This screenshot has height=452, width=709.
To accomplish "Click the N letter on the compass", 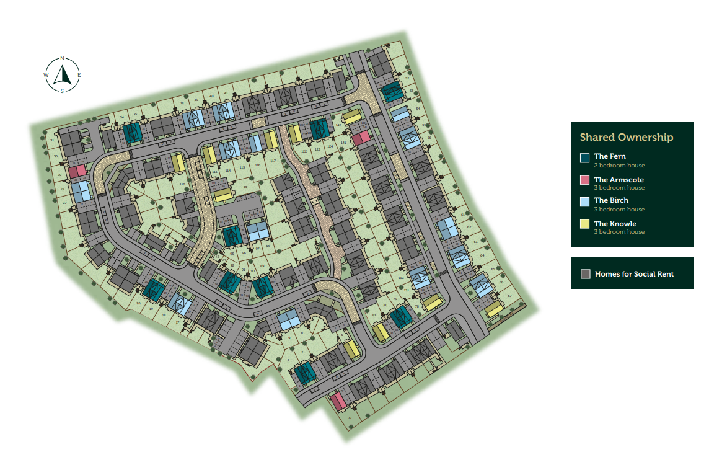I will point(62,58).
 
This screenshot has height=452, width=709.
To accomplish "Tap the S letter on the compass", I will point(62,91).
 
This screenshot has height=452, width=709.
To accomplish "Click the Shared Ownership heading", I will point(627,137).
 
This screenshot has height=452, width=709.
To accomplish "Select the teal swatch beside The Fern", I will point(584,157).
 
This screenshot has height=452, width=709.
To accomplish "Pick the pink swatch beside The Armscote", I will point(584,180).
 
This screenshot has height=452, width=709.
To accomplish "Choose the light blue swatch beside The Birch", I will point(584,202).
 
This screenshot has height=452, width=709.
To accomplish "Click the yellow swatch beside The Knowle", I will point(584,224).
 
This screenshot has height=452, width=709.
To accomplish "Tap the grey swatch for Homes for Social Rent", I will point(586,274).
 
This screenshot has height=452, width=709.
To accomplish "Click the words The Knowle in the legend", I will point(615,224).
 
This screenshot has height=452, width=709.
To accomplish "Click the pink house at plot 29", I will point(77,171).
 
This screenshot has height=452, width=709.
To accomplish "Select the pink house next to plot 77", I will point(338,401).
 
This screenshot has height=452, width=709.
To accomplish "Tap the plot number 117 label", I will point(273,161).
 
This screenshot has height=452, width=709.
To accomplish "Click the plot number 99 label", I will point(245,187).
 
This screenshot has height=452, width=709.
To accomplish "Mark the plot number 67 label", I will point(509,296).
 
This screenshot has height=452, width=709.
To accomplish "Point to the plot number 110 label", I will point(182,184).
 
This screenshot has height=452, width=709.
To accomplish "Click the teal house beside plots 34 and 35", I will point(132,132).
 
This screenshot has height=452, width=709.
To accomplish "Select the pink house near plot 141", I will point(361,137).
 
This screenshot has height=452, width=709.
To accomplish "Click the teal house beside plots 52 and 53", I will point(392,92).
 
